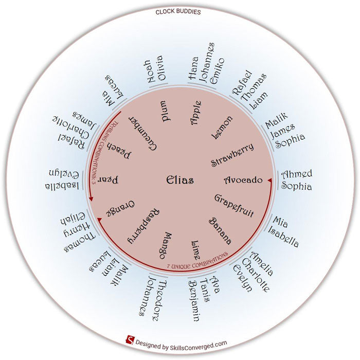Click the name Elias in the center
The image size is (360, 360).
tap(180, 180)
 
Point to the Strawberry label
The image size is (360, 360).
tap(232, 155)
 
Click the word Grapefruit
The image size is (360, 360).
tap(233, 205)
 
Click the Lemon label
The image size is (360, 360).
tap(222, 128)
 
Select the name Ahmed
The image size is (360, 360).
tap(297, 174)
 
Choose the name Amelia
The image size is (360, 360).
tap(260, 264)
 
